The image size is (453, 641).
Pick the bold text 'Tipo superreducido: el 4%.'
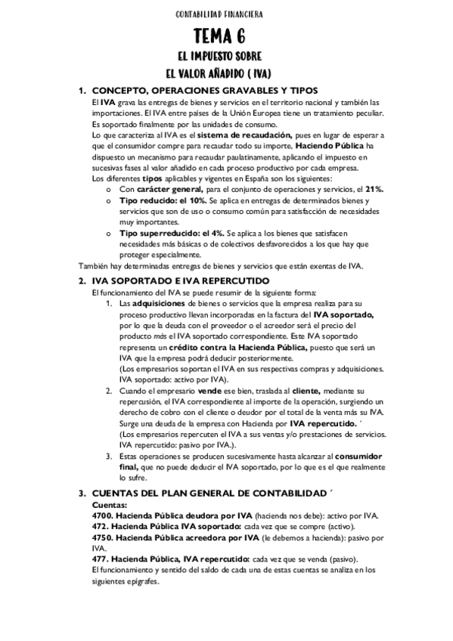pyautogui.click(x=170, y=234)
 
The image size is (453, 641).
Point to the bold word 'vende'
pyautogui.click(x=210, y=391)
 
